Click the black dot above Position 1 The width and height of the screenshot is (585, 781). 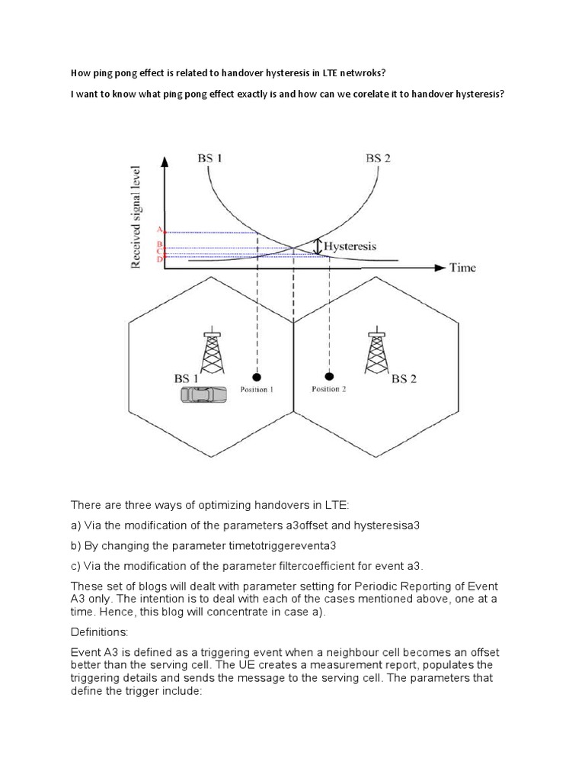pos(257,377)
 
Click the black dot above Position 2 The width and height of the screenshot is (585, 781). pos(329,376)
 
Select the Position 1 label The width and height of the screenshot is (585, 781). pos(257,390)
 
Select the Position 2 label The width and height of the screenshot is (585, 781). pos(329,390)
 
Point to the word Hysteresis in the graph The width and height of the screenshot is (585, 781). pos(350,247)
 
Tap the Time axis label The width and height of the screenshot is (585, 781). pos(462,268)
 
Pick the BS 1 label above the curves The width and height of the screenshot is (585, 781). pos(209,159)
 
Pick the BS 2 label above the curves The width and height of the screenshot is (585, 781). pos(379,159)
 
